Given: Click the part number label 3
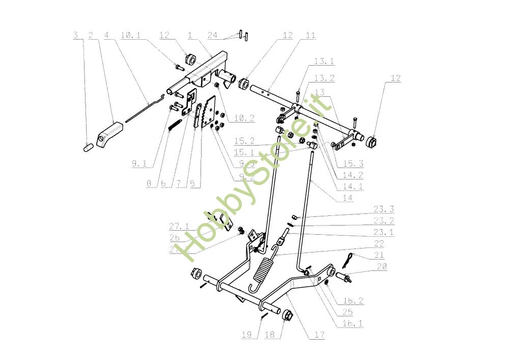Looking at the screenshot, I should click(75, 35).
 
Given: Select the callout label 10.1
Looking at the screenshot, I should click(130, 35).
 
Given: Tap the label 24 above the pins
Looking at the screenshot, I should click(213, 35).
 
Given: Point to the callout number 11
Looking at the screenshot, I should click(310, 35).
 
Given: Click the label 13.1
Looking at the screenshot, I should click(324, 62).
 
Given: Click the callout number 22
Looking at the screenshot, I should click(379, 243).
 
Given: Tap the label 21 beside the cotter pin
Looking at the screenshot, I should click(379, 255).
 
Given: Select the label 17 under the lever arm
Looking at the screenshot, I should click(320, 335).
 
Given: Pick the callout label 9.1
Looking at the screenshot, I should click(138, 164).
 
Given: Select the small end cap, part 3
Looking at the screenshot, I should click(87, 147).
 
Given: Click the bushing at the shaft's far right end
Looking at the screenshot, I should click(373, 140).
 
